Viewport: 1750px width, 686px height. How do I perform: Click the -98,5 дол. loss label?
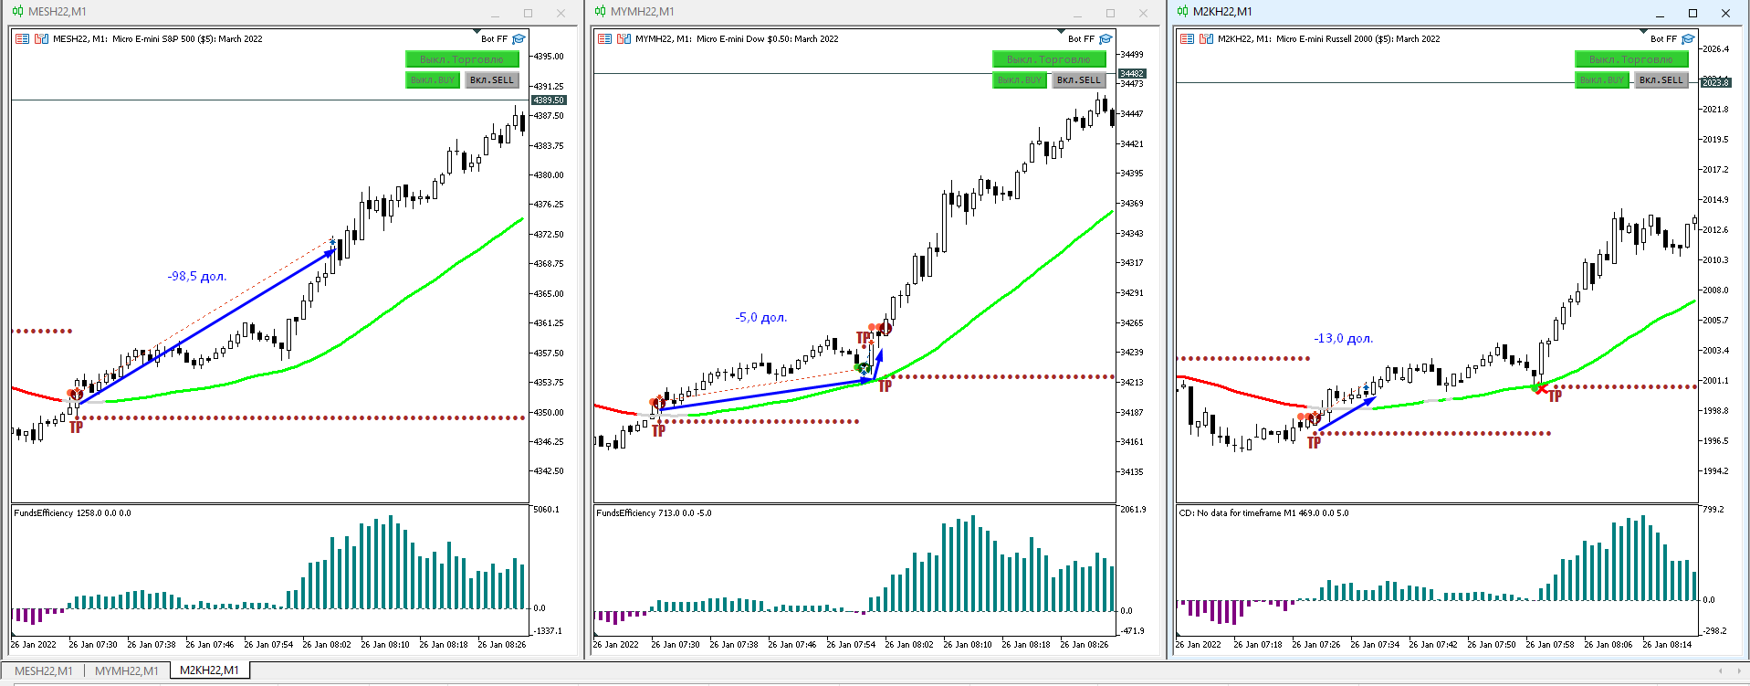point(196,276)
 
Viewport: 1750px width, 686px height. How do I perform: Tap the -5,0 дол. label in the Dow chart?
point(760,317)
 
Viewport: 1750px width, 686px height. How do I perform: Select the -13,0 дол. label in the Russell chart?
point(1343,338)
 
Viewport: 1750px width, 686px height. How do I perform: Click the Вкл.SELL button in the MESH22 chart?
point(492,80)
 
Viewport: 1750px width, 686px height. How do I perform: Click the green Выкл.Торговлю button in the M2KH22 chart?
point(1630,59)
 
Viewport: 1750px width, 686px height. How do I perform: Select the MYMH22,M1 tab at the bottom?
point(127,670)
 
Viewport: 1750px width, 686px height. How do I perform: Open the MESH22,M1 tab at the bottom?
point(44,670)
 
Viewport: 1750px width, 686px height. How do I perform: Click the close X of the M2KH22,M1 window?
point(1725,13)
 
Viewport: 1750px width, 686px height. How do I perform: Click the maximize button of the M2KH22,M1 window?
point(1692,13)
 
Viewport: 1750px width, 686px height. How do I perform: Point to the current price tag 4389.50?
point(549,100)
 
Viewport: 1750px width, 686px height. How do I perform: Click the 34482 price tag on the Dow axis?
point(1132,73)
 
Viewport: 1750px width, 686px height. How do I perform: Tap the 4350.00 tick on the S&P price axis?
point(549,412)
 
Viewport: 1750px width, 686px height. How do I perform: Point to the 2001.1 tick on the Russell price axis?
point(1715,380)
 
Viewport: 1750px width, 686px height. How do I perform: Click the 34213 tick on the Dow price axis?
point(1132,382)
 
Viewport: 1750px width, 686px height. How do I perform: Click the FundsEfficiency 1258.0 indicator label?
point(72,513)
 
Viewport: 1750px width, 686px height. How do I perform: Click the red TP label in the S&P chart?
point(76,427)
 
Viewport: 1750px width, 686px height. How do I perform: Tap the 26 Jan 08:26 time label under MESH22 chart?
point(501,645)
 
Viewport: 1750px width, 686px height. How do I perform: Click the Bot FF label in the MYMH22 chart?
point(1081,39)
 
